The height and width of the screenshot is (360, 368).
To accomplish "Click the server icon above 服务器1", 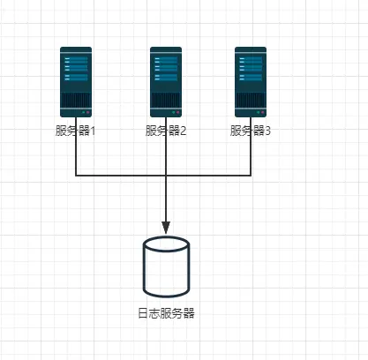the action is [x=76, y=82].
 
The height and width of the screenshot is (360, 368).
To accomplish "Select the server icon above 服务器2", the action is [x=166, y=82].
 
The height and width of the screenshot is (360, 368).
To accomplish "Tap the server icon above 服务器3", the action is [x=251, y=82].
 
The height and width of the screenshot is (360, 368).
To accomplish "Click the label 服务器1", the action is [x=76, y=131].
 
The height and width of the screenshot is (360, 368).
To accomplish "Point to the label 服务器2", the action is [x=166, y=131].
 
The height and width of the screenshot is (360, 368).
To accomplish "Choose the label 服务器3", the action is [x=251, y=131].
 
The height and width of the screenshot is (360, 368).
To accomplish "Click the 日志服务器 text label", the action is [x=166, y=313].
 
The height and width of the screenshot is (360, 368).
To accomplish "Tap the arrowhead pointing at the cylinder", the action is [x=166, y=228].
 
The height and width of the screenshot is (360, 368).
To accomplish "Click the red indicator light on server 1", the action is [x=87, y=113].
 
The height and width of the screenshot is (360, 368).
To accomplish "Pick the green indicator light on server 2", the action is [x=174, y=113].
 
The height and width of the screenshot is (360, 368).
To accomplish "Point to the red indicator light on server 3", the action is [x=262, y=113].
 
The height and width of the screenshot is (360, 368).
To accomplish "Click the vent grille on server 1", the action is [x=76, y=100].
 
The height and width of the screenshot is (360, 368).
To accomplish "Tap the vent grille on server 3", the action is [x=251, y=100].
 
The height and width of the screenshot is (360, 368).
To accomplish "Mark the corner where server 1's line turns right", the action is [x=76, y=176].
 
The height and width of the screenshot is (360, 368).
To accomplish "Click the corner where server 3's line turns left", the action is [x=251, y=176].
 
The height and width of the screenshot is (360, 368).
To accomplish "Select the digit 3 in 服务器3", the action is [x=267, y=131].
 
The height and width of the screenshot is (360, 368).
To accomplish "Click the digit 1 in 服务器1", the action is [x=93, y=131].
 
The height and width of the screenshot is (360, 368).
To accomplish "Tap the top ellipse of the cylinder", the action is [x=166, y=244].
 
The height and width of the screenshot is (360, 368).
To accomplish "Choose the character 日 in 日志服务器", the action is [x=143, y=313].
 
